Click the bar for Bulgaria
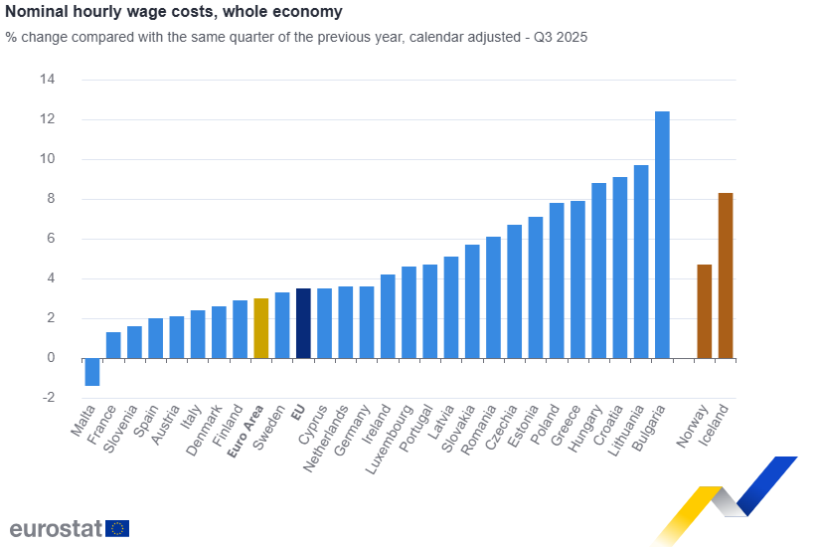tap(662, 235)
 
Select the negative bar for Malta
tap(92, 372)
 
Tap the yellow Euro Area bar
tap(261, 328)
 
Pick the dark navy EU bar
tap(303, 323)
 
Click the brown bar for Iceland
tap(726, 275)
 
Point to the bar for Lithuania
tap(641, 262)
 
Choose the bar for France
tap(113, 345)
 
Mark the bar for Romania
tap(493, 297)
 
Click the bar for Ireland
tap(388, 316)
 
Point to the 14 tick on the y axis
tap(47, 80)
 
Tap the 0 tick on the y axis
tap(51, 358)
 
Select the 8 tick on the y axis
tap(51, 199)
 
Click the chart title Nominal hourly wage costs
tap(174, 12)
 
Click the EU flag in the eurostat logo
tap(117, 528)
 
